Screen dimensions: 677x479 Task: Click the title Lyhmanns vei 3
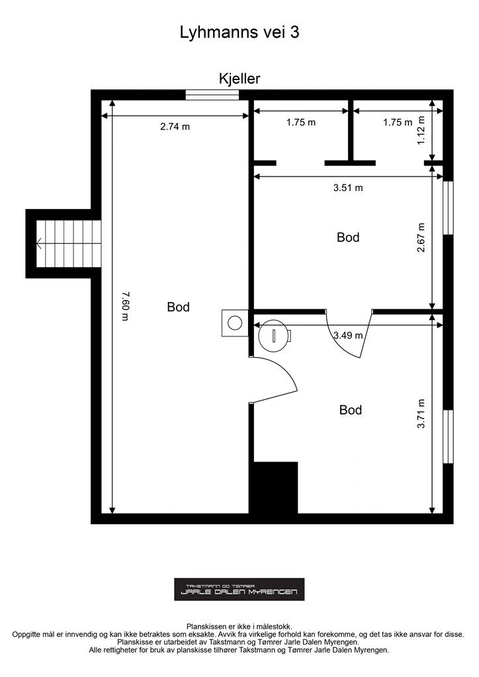(x=239, y=33)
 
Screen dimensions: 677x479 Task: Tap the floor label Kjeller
(x=239, y=79)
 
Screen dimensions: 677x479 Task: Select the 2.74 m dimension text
(x=175, y=127)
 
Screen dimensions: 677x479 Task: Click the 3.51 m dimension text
(x=348, y=188)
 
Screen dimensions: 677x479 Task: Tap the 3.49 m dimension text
(x=348, y=335)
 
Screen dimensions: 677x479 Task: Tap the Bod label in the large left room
(x=178, y=307)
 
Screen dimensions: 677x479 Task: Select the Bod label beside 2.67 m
(x=348, y=237)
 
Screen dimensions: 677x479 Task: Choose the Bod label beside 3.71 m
(x=351, y=410)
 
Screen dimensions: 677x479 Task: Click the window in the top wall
(x=212, y=95)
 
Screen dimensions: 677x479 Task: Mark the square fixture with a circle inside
(x=235, y=323)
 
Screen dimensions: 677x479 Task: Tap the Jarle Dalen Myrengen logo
(x=239, y=589)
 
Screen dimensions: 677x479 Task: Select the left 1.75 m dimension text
(x=301, y=122)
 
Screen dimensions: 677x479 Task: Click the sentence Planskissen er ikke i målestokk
(x=239, y=626)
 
